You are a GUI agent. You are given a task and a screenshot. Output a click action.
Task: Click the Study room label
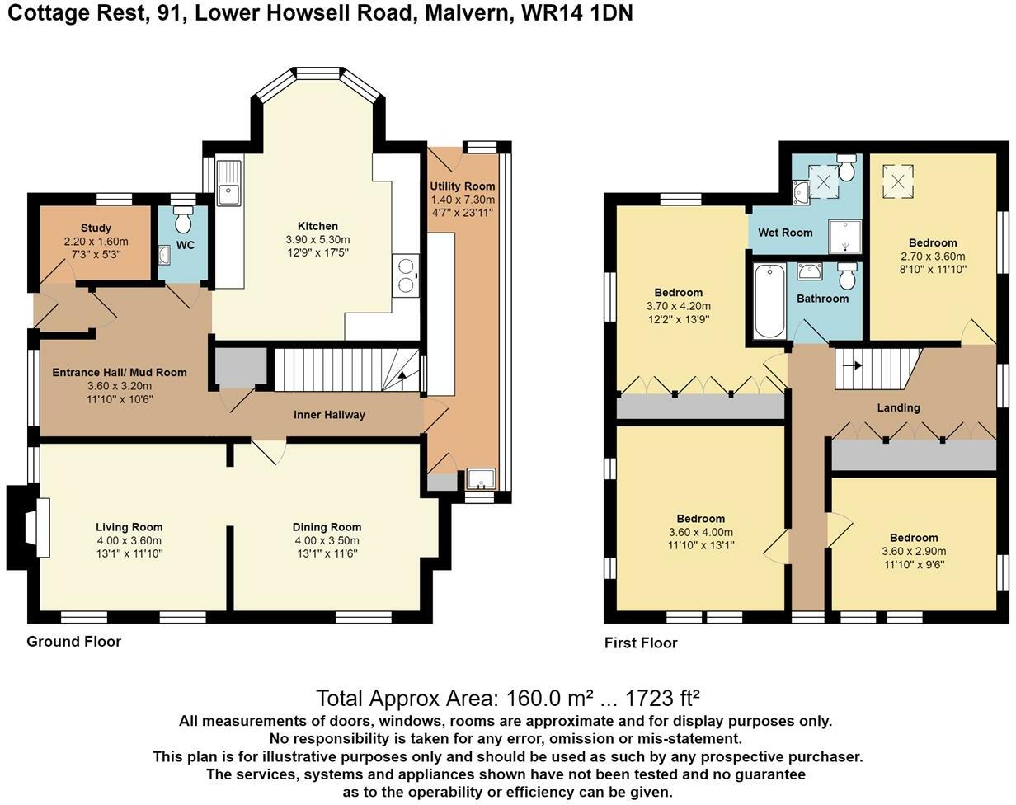pyautogui.click(x=96, y=228)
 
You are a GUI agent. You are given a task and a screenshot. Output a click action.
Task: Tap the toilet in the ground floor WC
pyautogui.click(x=183, y=218)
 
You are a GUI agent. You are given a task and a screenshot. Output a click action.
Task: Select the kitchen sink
pyautogui.click(x=229, y=183)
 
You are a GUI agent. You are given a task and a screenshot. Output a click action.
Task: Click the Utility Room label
pyautogui.click(x=462, y=186)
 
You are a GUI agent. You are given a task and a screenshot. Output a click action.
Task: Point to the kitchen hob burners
pyautogui.click(x=406, y=275)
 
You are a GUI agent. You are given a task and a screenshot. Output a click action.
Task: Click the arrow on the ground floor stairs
pyautogui.click(x=402, y=380)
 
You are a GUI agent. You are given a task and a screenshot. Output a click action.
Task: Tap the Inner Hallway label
pyautogui.click(x=330, y=415)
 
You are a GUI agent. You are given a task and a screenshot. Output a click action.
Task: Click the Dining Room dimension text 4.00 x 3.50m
pyautogui.click(x=327, y=540)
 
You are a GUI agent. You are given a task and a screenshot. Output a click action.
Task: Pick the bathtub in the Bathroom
pyautogui.click(x=769, y=301)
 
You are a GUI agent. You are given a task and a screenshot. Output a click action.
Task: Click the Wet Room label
pyautogui.click(x=785, y=233)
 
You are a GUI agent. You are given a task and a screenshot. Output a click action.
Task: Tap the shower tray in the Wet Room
pyautogui.click(x=845, y=236)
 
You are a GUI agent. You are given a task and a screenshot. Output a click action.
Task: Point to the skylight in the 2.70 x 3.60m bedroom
pyautogui.click(x=898, y=181)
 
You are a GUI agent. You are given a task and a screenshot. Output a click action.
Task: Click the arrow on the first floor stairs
pyautogui.click(x=852, y=365)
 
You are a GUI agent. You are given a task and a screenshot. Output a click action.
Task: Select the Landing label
pyautogui.click(x=898, y=408)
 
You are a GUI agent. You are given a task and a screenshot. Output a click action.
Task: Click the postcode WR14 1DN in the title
pyautogui.click(x=576, y=13)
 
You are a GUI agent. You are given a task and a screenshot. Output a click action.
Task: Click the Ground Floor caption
pyautogui.click(x=73, y=642)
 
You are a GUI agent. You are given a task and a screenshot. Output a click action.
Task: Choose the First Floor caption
pyautogui.click(x=641, y=643)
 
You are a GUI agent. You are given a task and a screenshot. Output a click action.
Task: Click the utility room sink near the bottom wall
pyautogui.click(x=481, y=479)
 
